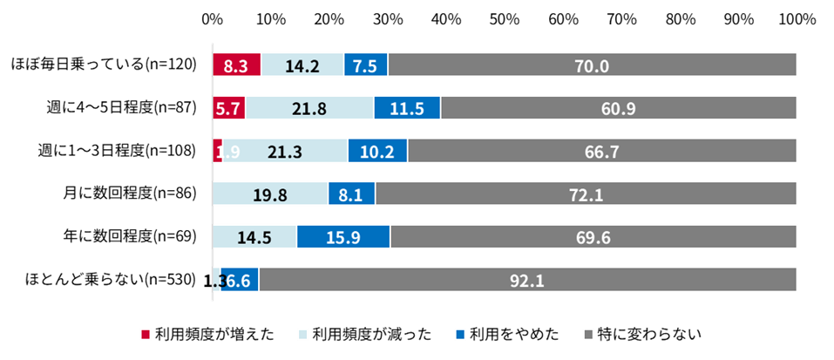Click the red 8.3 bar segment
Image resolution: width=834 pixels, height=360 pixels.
tap(237, 65)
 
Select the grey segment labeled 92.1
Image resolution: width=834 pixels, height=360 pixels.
tap(527, 279)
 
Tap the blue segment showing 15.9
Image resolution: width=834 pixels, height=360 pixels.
tap(343, 236)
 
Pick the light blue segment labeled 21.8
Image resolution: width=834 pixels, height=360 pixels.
tap(310, 107)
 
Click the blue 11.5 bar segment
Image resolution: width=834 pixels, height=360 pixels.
tap(408, 107)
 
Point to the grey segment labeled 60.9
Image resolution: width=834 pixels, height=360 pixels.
tap(619, 107)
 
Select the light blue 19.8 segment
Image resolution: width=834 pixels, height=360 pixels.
tap(270, 193)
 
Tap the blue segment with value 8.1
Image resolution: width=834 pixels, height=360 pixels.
tap(352, 193)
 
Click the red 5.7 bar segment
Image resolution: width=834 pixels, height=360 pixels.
tap(229, 107)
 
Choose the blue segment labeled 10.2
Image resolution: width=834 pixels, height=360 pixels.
tap(377, 151)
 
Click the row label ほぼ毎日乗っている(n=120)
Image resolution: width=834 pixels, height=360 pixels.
tap(105, 65)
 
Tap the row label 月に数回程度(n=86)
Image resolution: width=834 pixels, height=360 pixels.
tap(131, 194)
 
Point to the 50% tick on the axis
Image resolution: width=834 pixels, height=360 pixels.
tap(505, 19)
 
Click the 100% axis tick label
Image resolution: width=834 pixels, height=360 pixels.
tap(797, 19)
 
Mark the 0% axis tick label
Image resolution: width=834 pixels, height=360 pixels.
tap(213, 19)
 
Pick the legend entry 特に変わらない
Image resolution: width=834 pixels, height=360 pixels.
tap(643, 335)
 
